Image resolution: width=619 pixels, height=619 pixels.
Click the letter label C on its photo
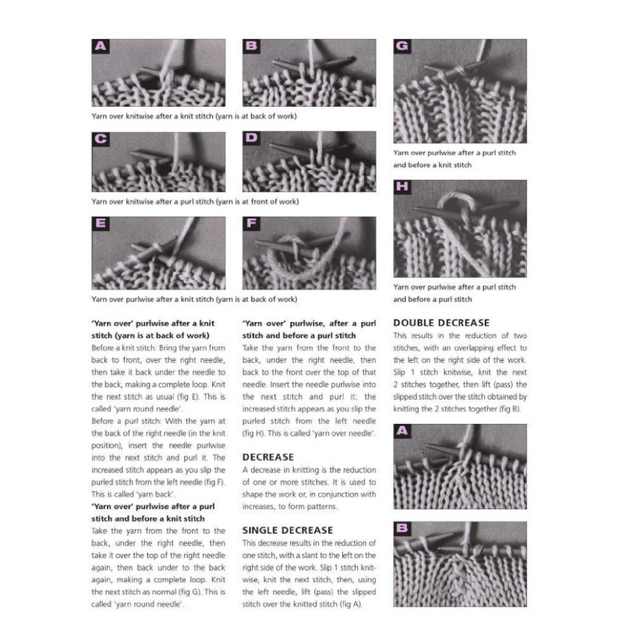tap(100, 140)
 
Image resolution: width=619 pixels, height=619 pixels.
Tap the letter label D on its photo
tap(251, 140)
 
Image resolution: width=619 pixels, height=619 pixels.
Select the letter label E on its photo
tap(100, 225)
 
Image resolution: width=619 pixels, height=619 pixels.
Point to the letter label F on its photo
tap(251, 225)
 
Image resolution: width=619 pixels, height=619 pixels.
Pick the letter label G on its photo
tap(402, 47)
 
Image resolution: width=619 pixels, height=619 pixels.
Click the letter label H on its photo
tap(402, 188)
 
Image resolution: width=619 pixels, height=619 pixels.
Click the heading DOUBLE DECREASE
tap(441, 323)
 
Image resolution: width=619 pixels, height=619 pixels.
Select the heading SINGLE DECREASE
tap(288, 530)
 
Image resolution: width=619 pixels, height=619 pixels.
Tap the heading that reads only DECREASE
tap(268, 458)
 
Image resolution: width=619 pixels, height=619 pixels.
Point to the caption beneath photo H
tap(455, 293)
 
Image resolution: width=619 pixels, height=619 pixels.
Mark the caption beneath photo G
tap(455, 159)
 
